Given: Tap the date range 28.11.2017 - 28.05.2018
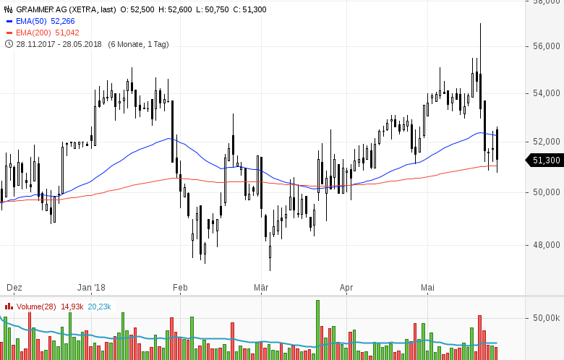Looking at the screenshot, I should click(x=59, y=44).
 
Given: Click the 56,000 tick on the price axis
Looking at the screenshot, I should click(x=547, y=47).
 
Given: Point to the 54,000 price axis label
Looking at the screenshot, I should click(x=547, y=93).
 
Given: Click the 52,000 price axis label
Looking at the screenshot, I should click(x=547, y=142).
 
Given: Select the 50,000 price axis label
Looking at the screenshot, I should click(x=547, y=192).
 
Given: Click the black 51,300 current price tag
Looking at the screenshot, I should click(x=545, y=160).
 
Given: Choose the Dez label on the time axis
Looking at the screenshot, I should click(x=14, y=288).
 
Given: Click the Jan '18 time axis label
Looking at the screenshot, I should click(x=91, y=288).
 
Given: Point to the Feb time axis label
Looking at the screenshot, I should click(x=180, y=288).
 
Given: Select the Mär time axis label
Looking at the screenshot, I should click(x=261, y=288).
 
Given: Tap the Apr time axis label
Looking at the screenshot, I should click(x=346, y=288).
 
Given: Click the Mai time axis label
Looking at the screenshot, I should click(x=428, y=288).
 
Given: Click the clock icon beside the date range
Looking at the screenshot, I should click(x=9, y=44).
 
